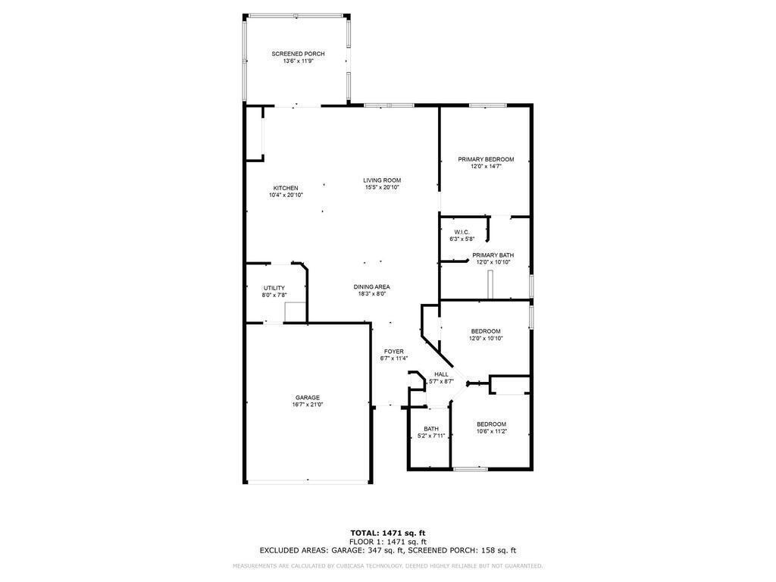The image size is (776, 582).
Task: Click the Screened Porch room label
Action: click(298, 54)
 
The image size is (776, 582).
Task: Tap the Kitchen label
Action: click(286, 188)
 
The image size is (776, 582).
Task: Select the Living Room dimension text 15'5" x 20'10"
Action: click(382, 188)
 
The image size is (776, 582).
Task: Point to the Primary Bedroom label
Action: click(486, 159)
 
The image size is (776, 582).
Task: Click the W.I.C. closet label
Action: click(462, 232)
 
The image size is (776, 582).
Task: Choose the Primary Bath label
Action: click(493, 255)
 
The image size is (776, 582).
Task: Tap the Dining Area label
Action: click(371, 287)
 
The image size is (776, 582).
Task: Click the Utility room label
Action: click(274, 288)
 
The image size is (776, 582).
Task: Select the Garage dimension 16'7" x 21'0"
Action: click(308, 405)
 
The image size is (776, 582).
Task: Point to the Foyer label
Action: click(394, 352)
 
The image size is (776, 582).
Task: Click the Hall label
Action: click(442, 374)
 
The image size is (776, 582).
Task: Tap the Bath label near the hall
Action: click(431, 429)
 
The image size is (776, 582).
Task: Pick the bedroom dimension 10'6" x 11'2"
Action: click(491, 431)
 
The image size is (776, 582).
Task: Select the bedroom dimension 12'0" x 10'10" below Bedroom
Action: click(486, 339)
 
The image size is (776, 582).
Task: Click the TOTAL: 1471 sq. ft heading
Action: click(388, 533)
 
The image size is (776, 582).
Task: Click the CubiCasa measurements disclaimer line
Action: click(388, 565)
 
